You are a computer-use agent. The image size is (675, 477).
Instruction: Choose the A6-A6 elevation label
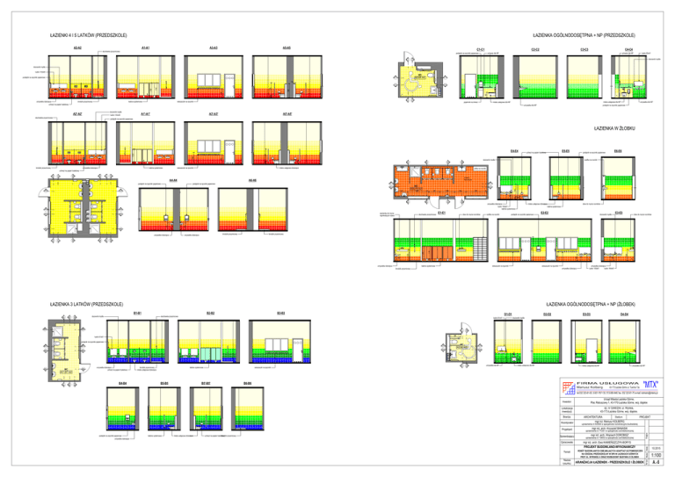coord(252,180)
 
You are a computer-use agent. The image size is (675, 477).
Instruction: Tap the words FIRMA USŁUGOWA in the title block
coord(597,384)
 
